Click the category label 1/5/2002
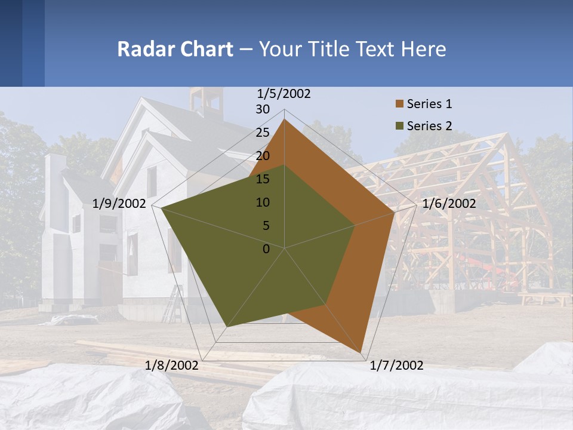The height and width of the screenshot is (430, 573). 284,94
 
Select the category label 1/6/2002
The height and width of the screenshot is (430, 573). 449,204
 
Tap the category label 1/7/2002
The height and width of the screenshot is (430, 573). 396,365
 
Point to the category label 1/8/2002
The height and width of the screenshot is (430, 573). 172,365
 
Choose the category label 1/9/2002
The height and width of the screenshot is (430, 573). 119,204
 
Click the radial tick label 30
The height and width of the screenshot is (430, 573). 263,109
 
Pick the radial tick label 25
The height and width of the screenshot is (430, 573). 263,133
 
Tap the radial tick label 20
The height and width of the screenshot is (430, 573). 263,156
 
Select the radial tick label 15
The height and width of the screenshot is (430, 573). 263,179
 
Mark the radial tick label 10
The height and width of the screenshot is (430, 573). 263,202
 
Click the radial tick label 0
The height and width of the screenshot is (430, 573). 266,249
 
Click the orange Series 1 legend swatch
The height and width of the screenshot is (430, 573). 399,104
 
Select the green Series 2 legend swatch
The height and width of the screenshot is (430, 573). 399,126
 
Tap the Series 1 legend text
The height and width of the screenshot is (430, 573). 429,104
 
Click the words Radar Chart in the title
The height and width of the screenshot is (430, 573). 175,49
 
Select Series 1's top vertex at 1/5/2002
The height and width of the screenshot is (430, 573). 284,119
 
